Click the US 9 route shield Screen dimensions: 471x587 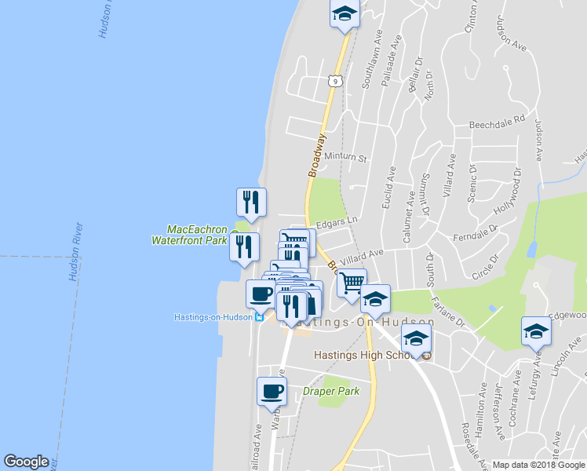click(x=334, y=81)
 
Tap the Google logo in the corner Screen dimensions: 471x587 click(x=26, y=462)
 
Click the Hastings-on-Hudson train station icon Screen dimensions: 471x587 click(x=259, y=317)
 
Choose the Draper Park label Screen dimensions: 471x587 click(x=331, y=391)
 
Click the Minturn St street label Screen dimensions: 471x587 click(x=346, y=158)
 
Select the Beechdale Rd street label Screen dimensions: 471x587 click(x=497, y=123)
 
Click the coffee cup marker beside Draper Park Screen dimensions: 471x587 click(x=272, y=390)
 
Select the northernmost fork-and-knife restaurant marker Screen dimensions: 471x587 click(x=251, y=202)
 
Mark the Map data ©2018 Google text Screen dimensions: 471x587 click(x=538, y=465)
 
